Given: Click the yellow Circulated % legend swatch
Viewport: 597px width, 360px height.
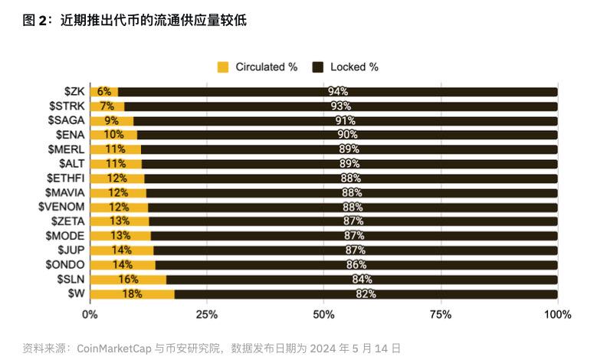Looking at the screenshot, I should pyautogui.click(x=224, y=67).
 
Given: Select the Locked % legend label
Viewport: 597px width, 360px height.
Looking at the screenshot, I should pyautogui.click(x=354, y=67).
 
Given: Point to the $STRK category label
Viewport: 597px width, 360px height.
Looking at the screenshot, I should pyautogui.click(x=67, y=106).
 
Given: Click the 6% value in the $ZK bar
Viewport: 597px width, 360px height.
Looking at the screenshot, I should pyautogui.click(x=104, y=92).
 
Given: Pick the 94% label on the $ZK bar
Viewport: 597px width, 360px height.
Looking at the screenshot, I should pyautogui.click(x=338, y=92).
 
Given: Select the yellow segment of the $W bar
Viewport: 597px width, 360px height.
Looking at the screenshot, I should pyautogui.click(x=132, y=294).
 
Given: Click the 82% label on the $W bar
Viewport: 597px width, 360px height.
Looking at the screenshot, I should pyautogui.click(x=366, y=294).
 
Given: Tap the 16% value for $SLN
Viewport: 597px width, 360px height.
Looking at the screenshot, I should pyautogui.click(x=127, y=280).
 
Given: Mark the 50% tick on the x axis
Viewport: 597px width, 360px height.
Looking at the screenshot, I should pyautogui.click(x=324, y=314).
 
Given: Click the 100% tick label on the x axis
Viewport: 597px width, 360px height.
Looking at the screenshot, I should pyautogui.click(x=557, y=314).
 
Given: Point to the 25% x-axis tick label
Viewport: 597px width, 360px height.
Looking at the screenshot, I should pyautogui.click(x=207, y=314).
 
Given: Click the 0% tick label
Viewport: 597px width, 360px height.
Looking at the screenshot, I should pyautogui.click(x=90, y=314).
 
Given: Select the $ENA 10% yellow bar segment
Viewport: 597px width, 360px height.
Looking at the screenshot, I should pyautogui.click(x=113, y=135).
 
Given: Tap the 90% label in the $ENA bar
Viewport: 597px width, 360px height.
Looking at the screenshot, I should pyautogui.click(x=347, y=135).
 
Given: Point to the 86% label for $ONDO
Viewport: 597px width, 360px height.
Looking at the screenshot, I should pyautogui.click(x=356, y=265).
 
